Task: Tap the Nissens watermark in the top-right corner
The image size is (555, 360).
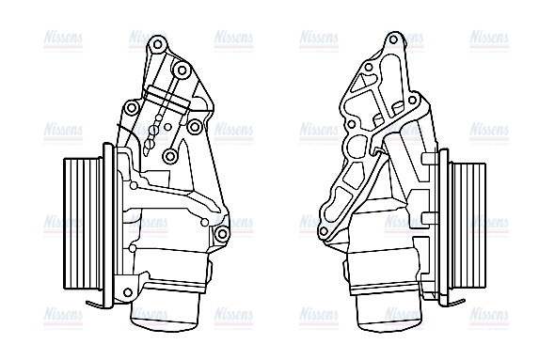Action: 490,38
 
